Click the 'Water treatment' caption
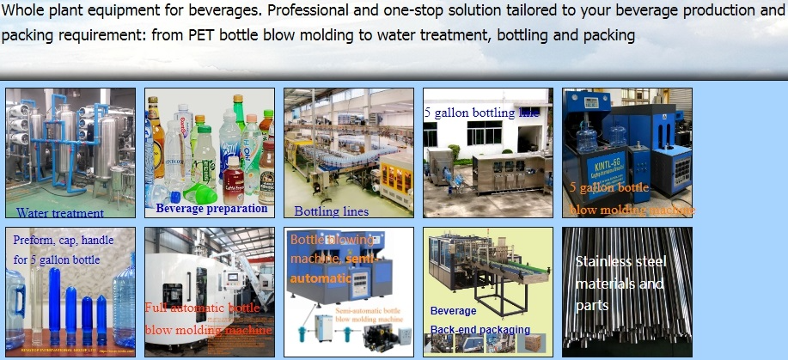point(60,212)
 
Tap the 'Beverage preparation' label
point(211,208)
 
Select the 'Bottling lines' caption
point(331,211)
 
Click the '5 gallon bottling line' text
point(481,113)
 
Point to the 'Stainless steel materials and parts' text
point(619,283)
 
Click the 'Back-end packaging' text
point(480,329)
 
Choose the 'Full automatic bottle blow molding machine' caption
point(208,319)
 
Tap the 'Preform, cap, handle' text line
point(63,241)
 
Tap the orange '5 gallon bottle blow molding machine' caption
point(631,198)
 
